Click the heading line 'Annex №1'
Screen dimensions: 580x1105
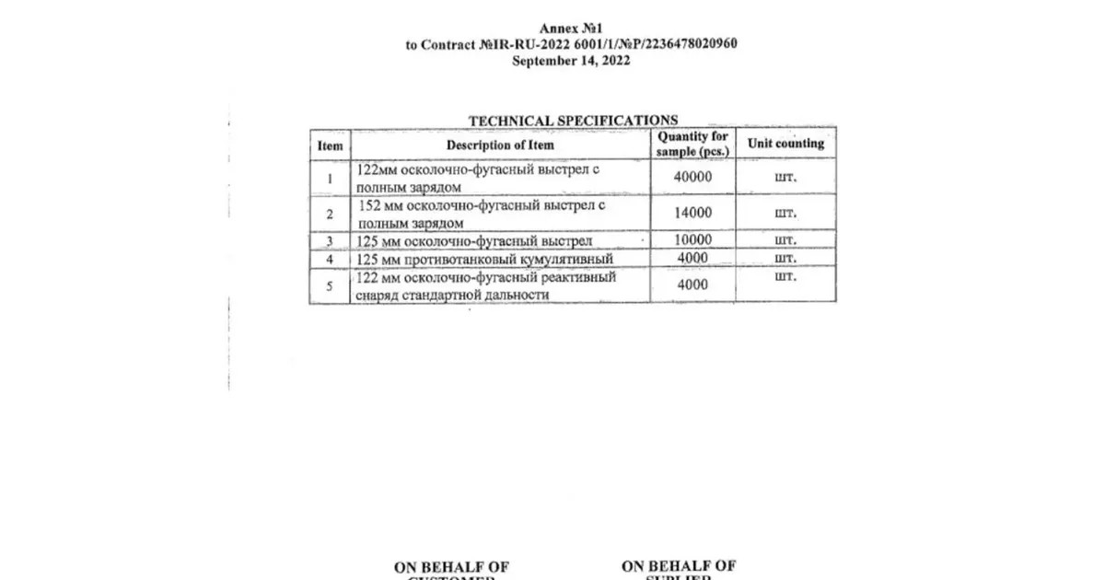[x=572, y=29]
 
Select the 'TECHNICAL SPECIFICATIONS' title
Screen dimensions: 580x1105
[x=573, y=120]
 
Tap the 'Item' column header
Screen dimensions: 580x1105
[x=330, y=145]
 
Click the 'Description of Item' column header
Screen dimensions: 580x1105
[x=500, y=145]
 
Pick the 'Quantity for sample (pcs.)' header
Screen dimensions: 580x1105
[x=692, y=144]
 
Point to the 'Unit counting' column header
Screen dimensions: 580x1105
[x=785, y=144]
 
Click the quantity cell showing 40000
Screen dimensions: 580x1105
[x=692, y=177]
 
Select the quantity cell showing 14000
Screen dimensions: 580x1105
[x=692, y=213]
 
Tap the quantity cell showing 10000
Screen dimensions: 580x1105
[x=692, y=240]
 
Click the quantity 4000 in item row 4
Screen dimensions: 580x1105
[x=692, y=258]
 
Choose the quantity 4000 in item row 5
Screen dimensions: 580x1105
[x=692, y=285]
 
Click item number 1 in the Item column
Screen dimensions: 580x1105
[x=330, y=177]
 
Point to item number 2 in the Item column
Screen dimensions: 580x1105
[x=330, y=214]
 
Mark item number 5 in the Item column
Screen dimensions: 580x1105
[x=330, y=286]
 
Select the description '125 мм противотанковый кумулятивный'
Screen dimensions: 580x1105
[x=483, y=259]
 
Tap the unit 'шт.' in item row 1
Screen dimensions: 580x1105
[x=785, y=177]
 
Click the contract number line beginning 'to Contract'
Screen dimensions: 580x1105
[x=572, y=44]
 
